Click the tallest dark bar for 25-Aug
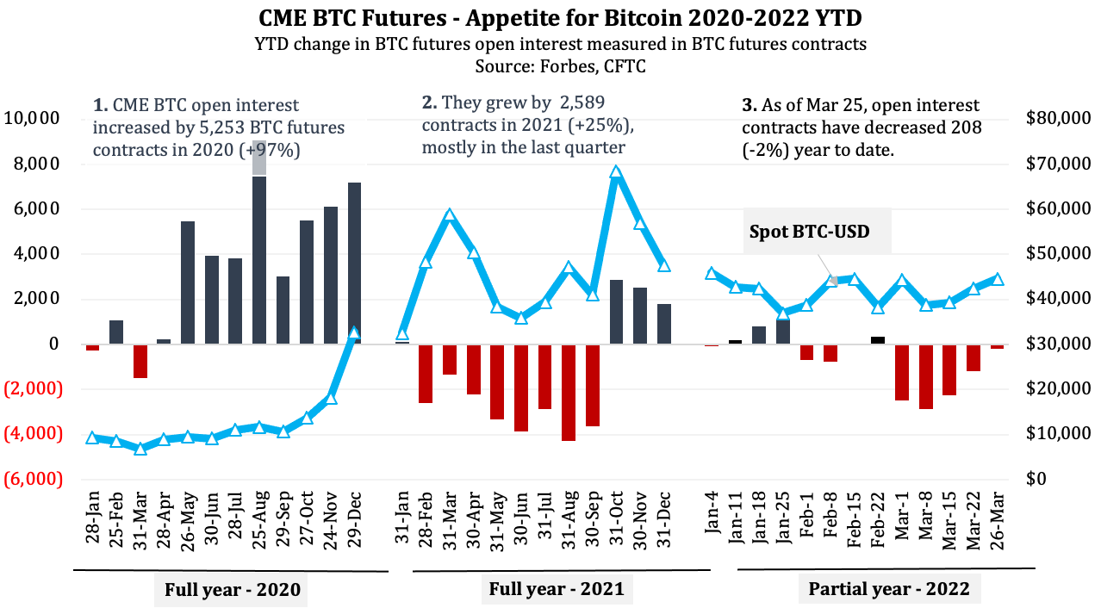tap(259, 258)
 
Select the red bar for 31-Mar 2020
tap(140, 361)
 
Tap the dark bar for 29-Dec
tap(354, 263)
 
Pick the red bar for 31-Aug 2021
tap(569, 392)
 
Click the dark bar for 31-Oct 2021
tap(616, 312)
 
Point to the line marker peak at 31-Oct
tap(616, 172)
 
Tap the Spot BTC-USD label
tap(809, 232)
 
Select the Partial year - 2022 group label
tap(888, 590)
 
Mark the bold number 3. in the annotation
tap(749, 106)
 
